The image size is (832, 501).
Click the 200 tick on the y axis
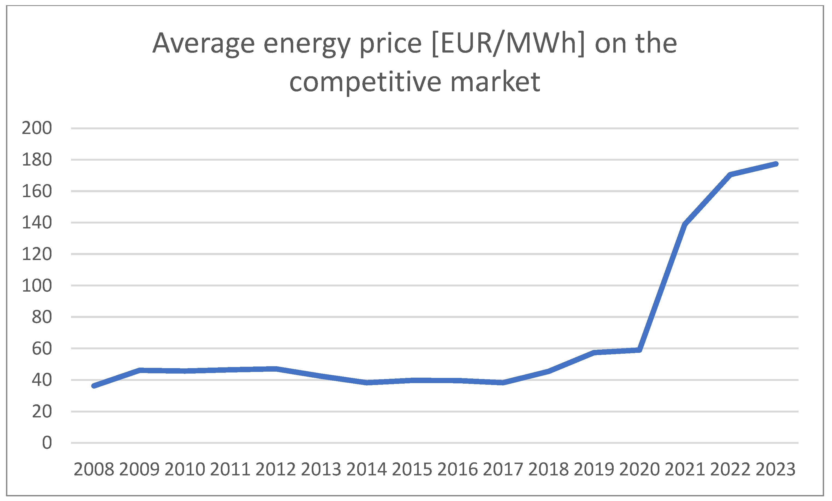(x=37, y=128)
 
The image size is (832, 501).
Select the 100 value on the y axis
(x=37, y=286)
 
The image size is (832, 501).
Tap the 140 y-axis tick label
(x=37, y=222)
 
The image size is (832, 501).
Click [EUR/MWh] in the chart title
(x=508, y=43)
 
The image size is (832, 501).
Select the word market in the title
(x=495, y=82)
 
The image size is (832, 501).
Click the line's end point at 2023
(x=776, y=164)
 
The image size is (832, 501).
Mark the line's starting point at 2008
(x=94, y=386)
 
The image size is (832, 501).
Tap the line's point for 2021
(x=685, y=224)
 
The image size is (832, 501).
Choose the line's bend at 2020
(x=639, y=350)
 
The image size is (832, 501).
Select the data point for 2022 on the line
(x=730, y=175)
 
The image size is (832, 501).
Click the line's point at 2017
(x=503, y=383)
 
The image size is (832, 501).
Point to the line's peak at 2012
(x=276, y=369)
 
